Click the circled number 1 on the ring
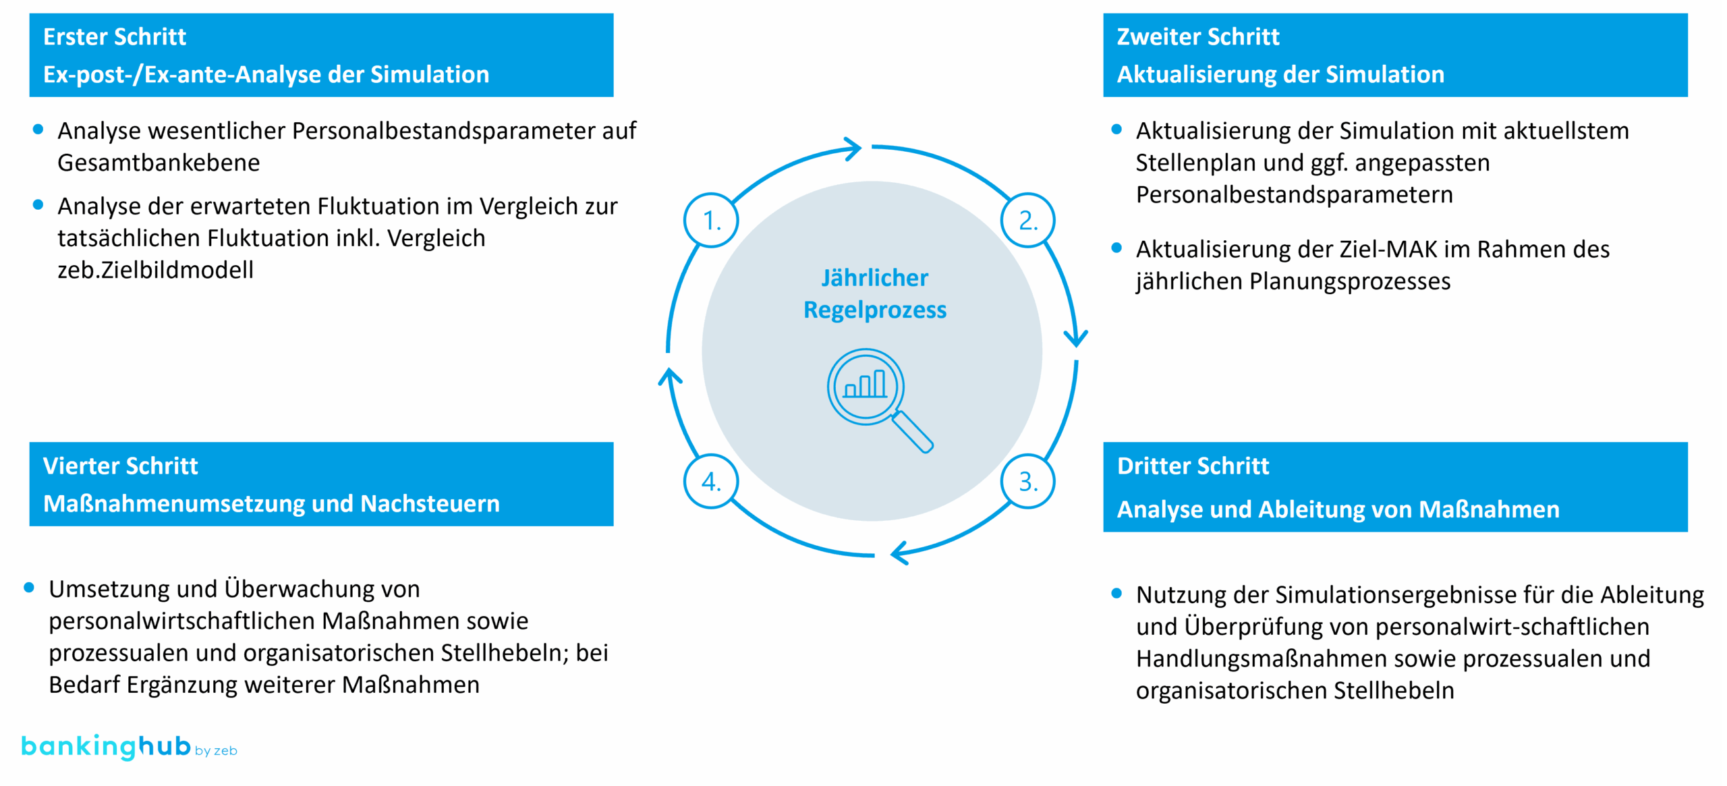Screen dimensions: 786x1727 click(x=711, y=221)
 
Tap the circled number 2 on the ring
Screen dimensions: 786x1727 click(x=1027, y=221)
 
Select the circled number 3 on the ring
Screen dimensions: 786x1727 click(x=1027, y=481)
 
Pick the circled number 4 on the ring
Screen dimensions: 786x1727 click(x=711, y=481)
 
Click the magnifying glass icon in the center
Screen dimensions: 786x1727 click(x=877, y=398)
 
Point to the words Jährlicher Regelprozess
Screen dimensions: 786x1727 click(x=875, y=293)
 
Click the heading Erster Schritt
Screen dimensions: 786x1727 click(x=115, y=36)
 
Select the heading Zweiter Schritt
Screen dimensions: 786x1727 click(x=1197, y=36)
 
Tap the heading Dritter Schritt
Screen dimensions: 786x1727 click(x=1193, y=466)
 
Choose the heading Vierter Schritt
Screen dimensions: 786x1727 click(x=120, y=466)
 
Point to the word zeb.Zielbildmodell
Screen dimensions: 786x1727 click(x=155, y=270)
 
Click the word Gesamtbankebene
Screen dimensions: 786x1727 click(x=159, y=163)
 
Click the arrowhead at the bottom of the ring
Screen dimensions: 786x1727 click(x=899, y=554)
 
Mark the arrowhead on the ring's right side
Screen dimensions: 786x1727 click(x=1075, y=337)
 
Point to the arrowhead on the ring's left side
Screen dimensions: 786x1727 click(x=669, y=376)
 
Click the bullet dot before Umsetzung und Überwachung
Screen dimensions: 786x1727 click(x=29, y=588)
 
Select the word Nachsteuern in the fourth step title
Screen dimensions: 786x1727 click(x=430, y=504)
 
